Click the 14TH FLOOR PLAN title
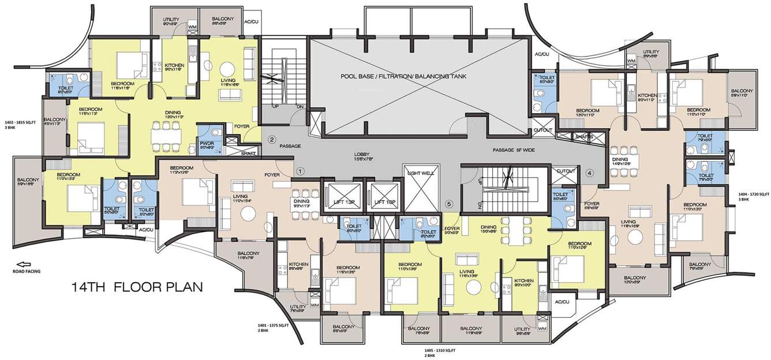coord(137,287)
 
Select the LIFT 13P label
coord(343,202)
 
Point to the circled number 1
coord(300,171)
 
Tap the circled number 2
coord(272,138)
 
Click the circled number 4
coord(589,172)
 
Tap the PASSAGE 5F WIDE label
coord(512,150)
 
